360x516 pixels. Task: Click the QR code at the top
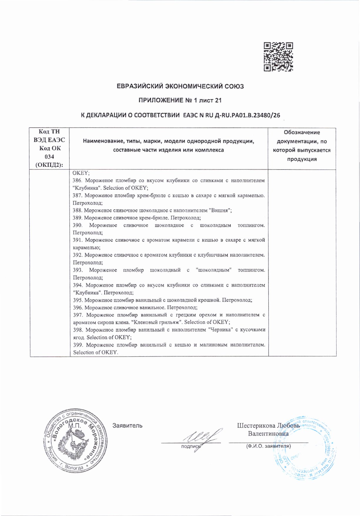(x=278, y=57)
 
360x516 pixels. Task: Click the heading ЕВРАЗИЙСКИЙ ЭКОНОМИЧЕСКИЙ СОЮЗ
(x=180, y=86)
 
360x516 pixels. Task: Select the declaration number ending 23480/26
(x=229, y=115)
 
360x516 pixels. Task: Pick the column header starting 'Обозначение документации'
(x=302, y=146)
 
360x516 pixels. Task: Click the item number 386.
(x=77, y=181)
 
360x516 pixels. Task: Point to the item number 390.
(x=78, y=225)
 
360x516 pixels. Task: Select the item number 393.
(x=78, y=270)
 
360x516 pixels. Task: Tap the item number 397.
(x=78, y=315)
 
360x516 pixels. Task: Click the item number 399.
(x=78, y=345)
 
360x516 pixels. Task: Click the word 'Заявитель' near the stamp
(x=127, y=426)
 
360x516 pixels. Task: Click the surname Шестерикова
(x=256, y=426)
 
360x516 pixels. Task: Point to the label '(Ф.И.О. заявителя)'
(x=268, y=446)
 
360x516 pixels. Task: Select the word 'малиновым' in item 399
(x=213, y=345)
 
